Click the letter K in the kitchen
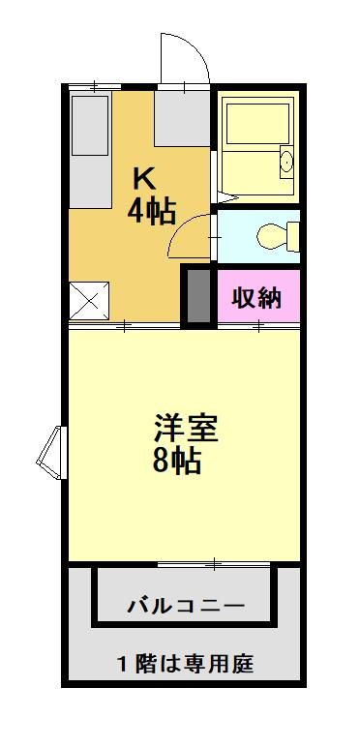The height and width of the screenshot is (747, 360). pyautogui.click(x=143, y=179)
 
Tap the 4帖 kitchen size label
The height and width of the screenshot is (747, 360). pyautogui.click(x=152, y=211)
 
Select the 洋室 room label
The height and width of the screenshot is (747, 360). pyautogui.click(x=186, y=429)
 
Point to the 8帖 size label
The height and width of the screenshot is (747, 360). pyautogui.click(x=177, y=461)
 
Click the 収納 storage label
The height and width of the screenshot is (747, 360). pyautogui.click(x=257, y=298)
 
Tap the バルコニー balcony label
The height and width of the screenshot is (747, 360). pyautogui.click(x=186, y=607)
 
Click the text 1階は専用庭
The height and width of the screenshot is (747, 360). pyautogui.click(x=185, y=663)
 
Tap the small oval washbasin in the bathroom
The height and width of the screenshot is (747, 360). pyautogui.click(x=286, y=162)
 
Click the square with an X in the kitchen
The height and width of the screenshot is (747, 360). pyautogui.click(x=89, y=300)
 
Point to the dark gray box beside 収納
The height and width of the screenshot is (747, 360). pyautogui.click(x=198, y=297)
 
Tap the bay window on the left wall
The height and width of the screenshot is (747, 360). pyautogui.click(x=50, y=453)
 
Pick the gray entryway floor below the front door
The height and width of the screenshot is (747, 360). pyautogui.click(x=182, y=119)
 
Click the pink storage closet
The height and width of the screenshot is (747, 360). pyautogui.click(x=258, y=297)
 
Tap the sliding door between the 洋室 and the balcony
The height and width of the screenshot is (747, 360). pyautogui.click(x=214, y=564)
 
